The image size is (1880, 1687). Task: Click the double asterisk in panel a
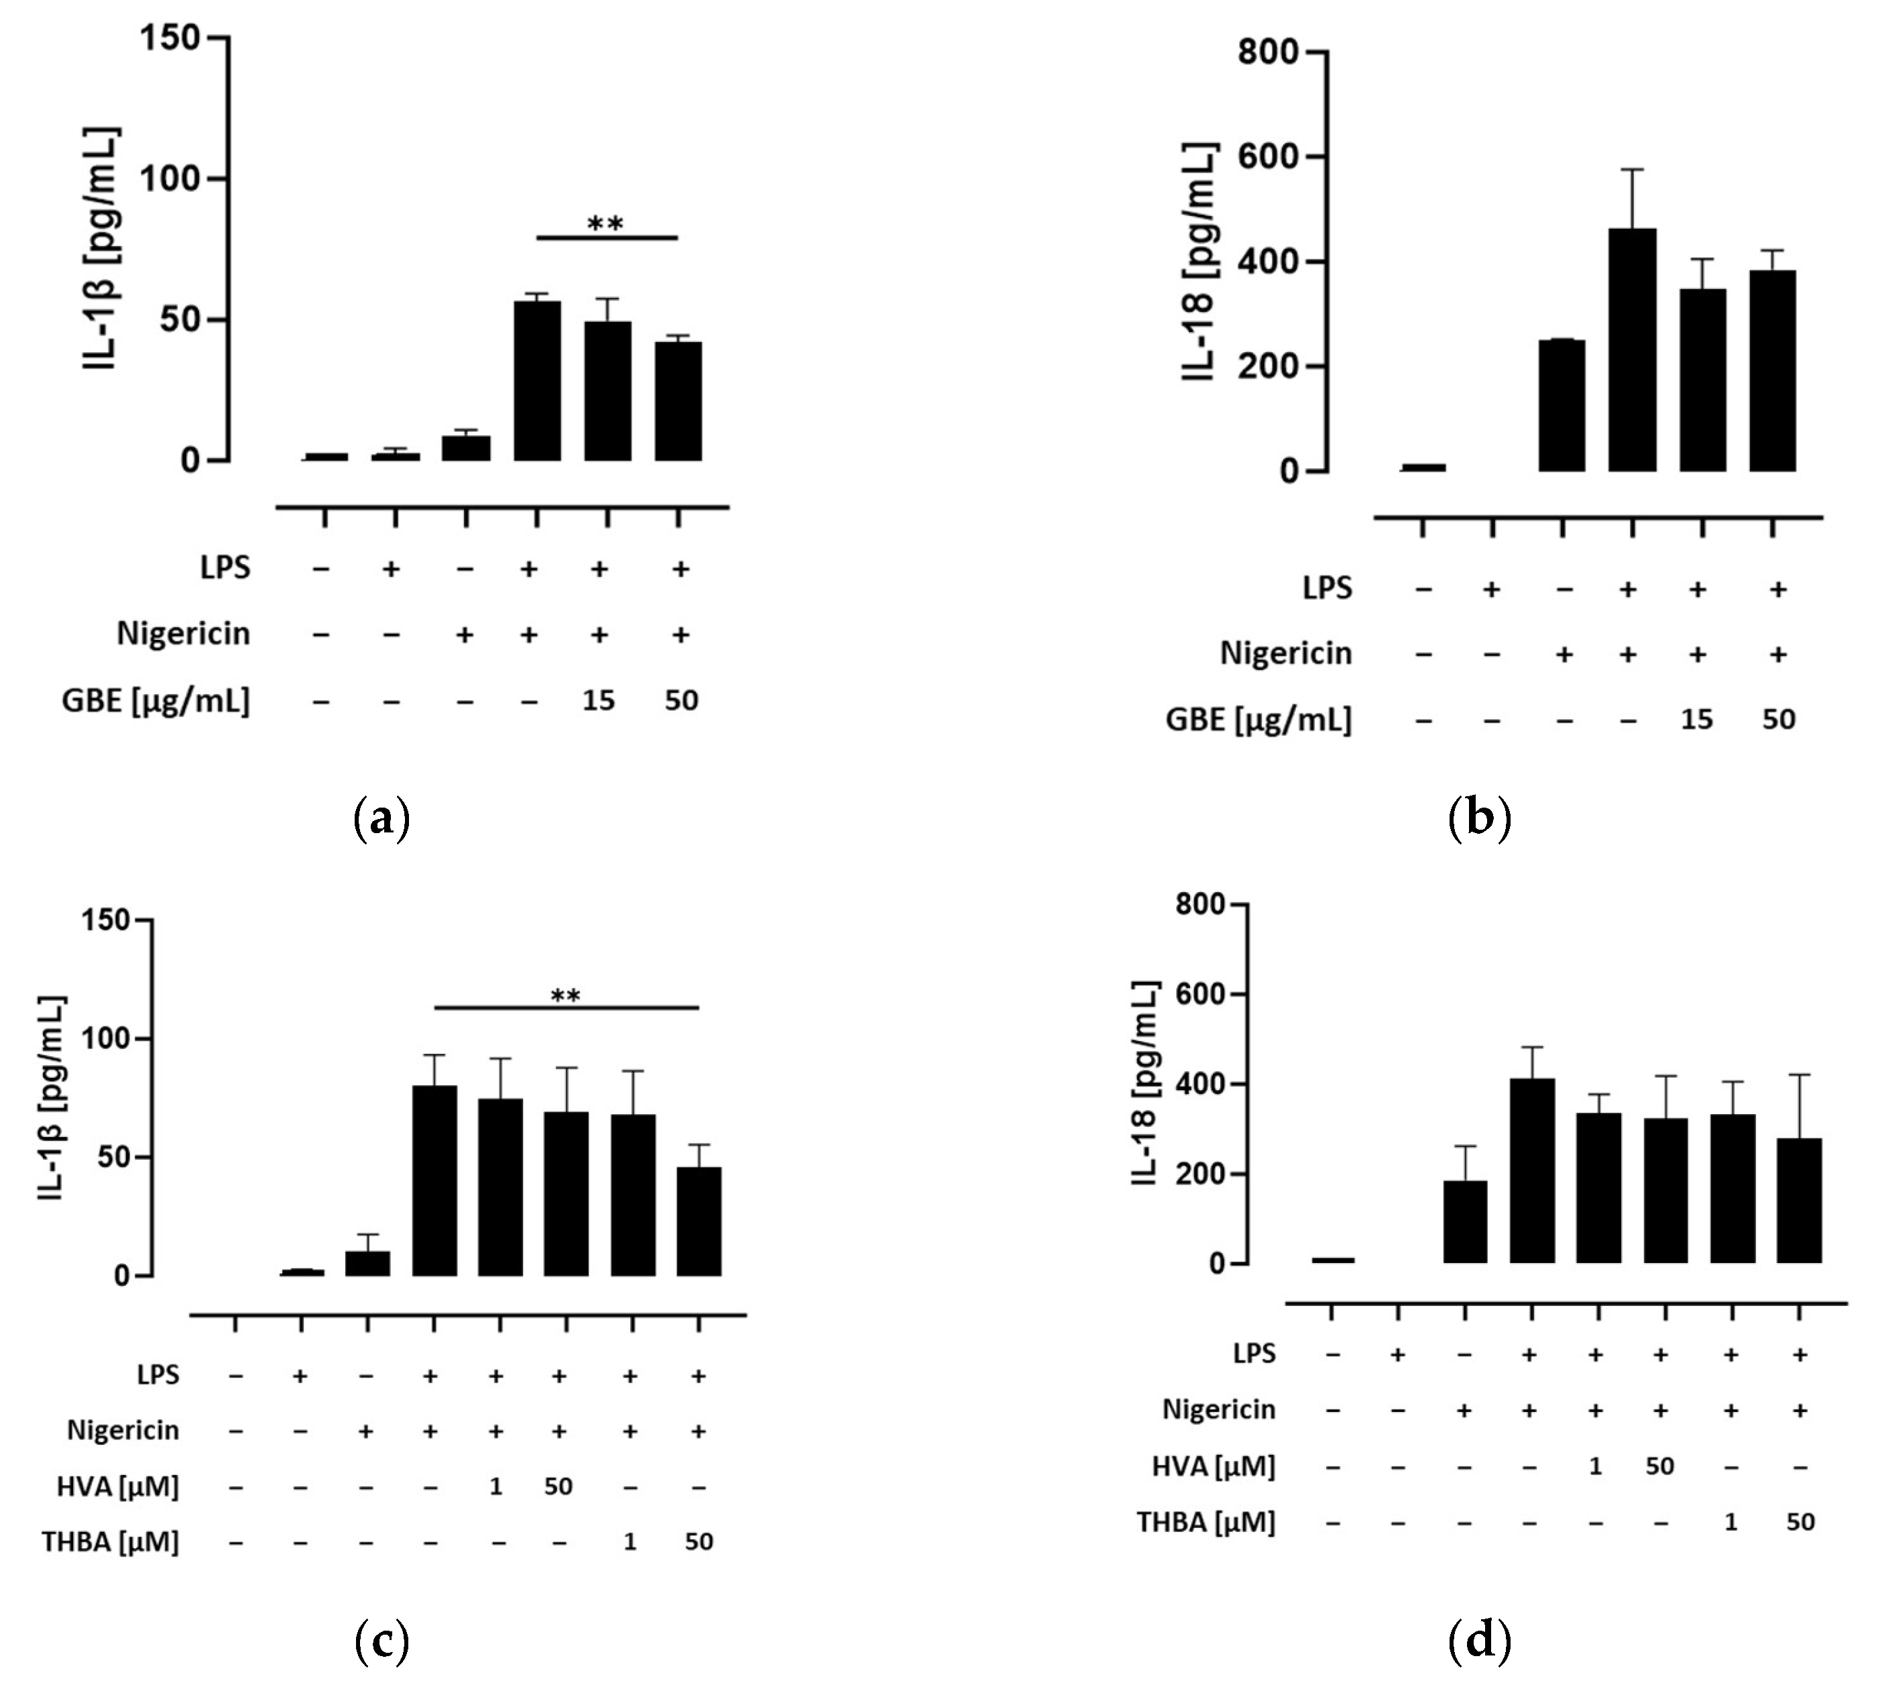[606, 224]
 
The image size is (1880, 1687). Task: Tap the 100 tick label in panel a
[169, 179]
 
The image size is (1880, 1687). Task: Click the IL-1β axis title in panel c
[53, 1099]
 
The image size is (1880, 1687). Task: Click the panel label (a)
[381, 820]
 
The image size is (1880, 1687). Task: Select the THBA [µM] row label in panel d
[1206, 1522]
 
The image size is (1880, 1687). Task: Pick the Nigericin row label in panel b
[1285, 653]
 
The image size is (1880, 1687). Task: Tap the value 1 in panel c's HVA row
[495, 1487]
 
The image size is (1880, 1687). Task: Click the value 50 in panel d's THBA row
[1800, 1522]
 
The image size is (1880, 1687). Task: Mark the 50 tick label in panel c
[110, 1158]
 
